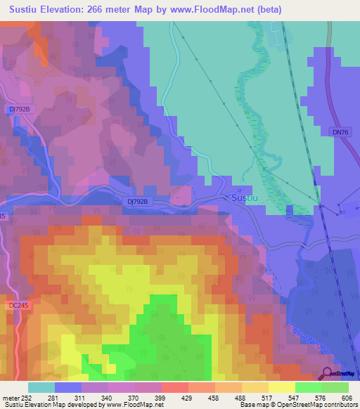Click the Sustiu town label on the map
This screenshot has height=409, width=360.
[247, 199]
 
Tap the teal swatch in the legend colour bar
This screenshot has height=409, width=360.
[41, 387]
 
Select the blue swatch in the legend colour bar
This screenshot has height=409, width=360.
[68, 387]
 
